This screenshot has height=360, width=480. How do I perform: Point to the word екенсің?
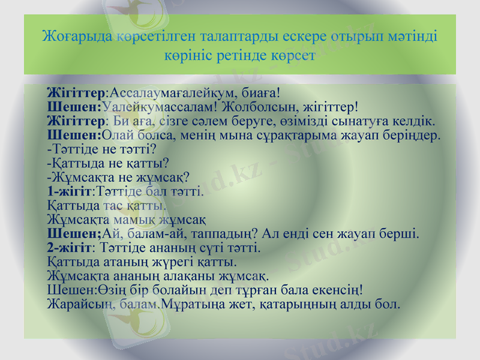click(334, 290)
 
